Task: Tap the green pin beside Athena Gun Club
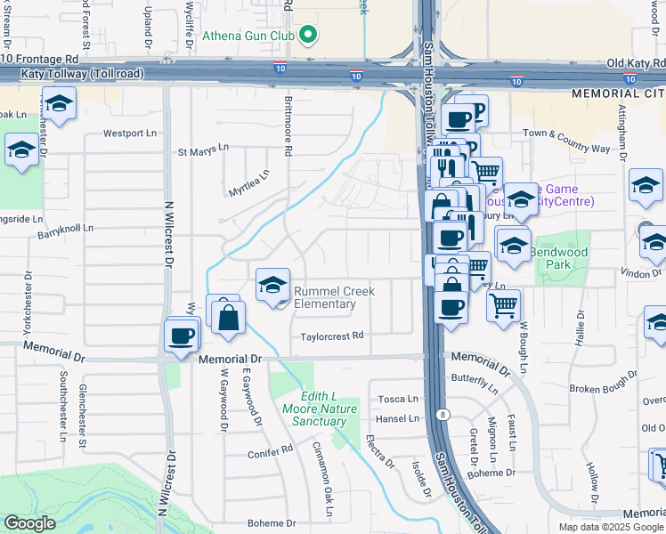tap(308, 36)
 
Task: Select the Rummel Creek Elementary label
tap(334, 297)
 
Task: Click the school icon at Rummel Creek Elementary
tap(272, 285)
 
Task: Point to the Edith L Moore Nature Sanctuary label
tap(311, 409)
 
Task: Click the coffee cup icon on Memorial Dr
tap(182, 336)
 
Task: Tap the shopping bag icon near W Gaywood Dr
tap(229, 317)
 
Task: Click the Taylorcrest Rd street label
tap(332, 336)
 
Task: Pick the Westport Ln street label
tap(129, 133)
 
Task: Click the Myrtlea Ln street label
tap(248, 185)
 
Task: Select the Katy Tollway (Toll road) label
tap(71, 74)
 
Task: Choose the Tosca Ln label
tap(399, 399)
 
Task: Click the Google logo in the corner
tap(29, 522)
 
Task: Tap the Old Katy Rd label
tap(635, 64)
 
